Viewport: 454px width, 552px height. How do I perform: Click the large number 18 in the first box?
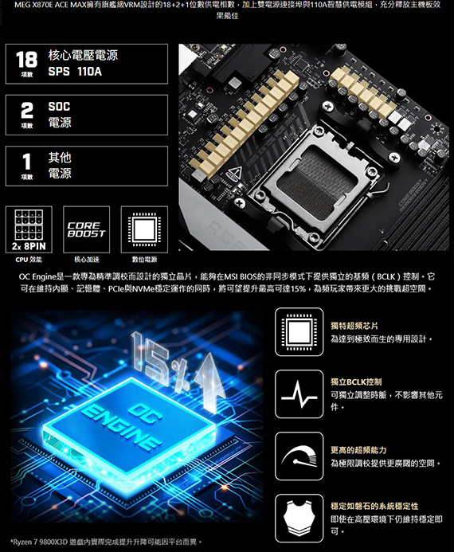(x=26, y=59)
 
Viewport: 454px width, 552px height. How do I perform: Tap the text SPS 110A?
(x=75, y=72)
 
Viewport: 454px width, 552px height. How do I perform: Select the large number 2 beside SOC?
(x=27, y=111)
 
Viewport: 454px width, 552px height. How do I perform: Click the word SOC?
(x=59, y=106)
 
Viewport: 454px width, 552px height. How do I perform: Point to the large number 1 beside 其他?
(x=27, y=162)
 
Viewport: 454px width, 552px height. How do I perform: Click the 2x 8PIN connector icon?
(x=29, y=229)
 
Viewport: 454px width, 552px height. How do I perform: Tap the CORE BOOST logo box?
(x=87, y=229)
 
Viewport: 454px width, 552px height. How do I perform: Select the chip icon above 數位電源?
(x=144, y=229)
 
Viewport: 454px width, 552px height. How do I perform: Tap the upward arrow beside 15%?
(x=210, y=382)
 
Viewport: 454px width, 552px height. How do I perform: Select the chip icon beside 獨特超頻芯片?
(x=299, y=331)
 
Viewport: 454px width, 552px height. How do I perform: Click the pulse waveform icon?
(x=299, y=394)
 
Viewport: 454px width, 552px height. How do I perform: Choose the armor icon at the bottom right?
(x=299, y=519)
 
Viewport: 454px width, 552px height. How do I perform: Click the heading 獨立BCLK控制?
(x=356, y=382)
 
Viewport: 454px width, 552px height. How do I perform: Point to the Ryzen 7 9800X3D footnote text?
(x=106, y=542)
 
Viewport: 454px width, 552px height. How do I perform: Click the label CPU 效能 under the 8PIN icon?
(x=29, y=260)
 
